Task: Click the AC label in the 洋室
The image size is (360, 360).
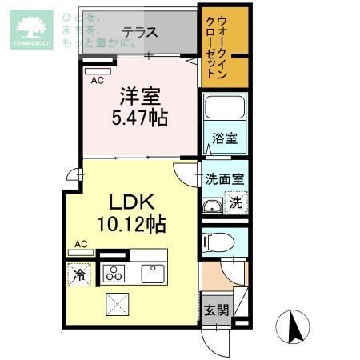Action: click(x=97, y=80)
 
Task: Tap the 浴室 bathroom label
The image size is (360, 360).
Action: click(x=224, y=139)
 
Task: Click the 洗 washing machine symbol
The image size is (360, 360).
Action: click(x=235, y=202)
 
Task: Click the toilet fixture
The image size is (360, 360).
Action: click(x=218, y=242)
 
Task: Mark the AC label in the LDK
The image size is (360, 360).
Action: click(x=81, y=243)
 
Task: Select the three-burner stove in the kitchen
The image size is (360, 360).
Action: click(x=114, y=273)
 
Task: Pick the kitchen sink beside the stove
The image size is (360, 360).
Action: click(x=153, y=273)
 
